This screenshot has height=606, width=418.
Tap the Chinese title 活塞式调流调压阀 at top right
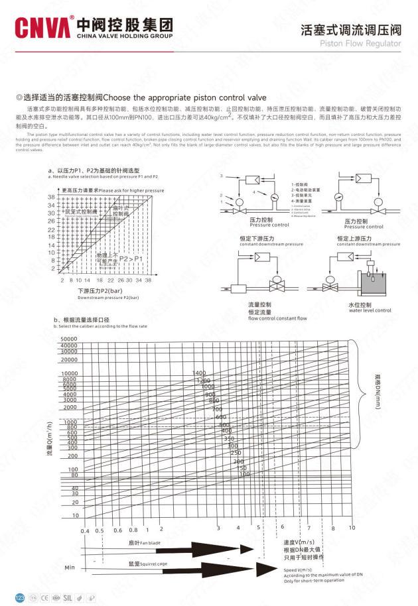[x=351, y=29]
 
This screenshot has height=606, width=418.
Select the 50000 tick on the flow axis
[x=69, y=339]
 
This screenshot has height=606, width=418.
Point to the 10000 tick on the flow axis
[x=69, y=374]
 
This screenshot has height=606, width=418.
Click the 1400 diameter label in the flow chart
[x=199, y=373]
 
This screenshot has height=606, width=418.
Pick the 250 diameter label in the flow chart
[x=235, y=453]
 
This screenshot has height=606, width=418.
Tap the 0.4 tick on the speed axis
[x=85, y=530]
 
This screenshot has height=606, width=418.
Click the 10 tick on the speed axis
[x=352, y=528]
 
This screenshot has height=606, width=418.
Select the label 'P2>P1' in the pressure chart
[x=130, y=259]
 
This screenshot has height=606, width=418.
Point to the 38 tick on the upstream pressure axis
[x=51, y=198]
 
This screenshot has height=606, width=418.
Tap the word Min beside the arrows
[x=69, y=568]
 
